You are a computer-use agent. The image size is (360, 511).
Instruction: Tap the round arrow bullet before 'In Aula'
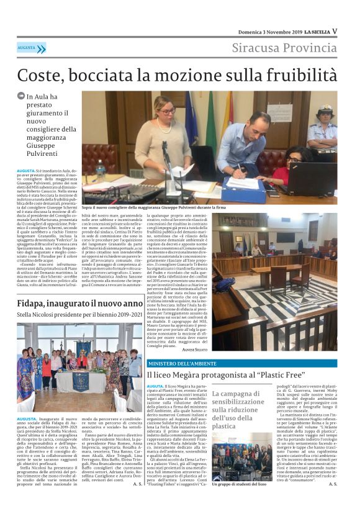pyautogui.click(x=21, y=97)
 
